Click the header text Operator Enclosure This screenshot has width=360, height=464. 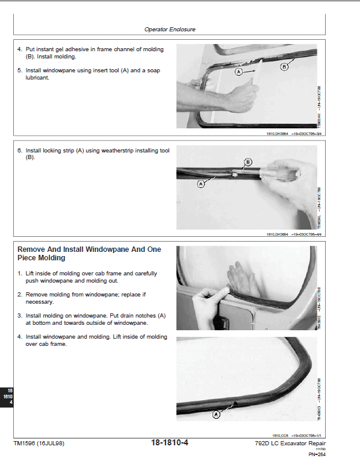click(x=170, y=29)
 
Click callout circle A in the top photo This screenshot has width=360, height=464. click(x=239, y=72)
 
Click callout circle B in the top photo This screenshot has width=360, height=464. click(x=285, y=67)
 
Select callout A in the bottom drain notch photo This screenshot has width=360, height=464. click(x=216, y=414)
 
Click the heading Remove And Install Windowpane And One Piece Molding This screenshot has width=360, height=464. click(x=89, y=253)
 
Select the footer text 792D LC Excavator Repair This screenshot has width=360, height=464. click(x=290, y=443)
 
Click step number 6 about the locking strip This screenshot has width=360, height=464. click(x=19, y=150)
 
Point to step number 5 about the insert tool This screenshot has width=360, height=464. click(x=19, y=71)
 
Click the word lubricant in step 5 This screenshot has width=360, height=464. click(x=37, y=78)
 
